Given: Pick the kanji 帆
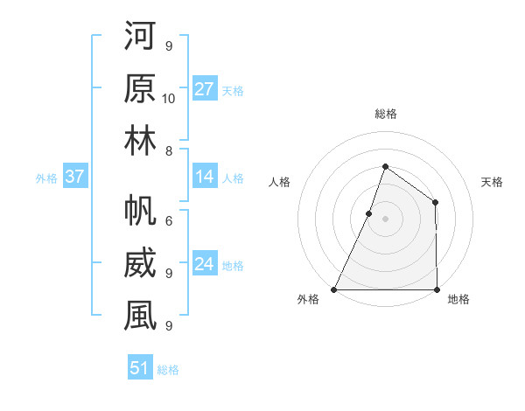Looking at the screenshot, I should click(140, 212).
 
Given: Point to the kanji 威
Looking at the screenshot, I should click(140, 264).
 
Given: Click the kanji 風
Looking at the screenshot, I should click(140, 317).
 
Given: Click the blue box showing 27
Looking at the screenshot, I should click(205, 89).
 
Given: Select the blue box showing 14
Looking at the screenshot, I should click(205, 178).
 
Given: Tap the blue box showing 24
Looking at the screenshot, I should click(205, 265).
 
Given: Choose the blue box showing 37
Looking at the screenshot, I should click(75, 178).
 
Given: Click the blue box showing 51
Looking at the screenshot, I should click(140, 368).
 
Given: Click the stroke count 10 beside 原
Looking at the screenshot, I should click(169, 97).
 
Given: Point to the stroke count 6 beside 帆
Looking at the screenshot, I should click(169, 221).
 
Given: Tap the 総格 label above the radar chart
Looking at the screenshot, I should click(386, 115).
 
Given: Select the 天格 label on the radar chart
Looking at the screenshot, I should click(492, 182).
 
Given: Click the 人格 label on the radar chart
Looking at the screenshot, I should click(279, 182).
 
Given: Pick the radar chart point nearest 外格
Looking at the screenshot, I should click(334, 289).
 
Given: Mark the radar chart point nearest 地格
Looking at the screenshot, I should click(437, 289).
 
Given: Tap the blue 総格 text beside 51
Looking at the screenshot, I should click(168, 370).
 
